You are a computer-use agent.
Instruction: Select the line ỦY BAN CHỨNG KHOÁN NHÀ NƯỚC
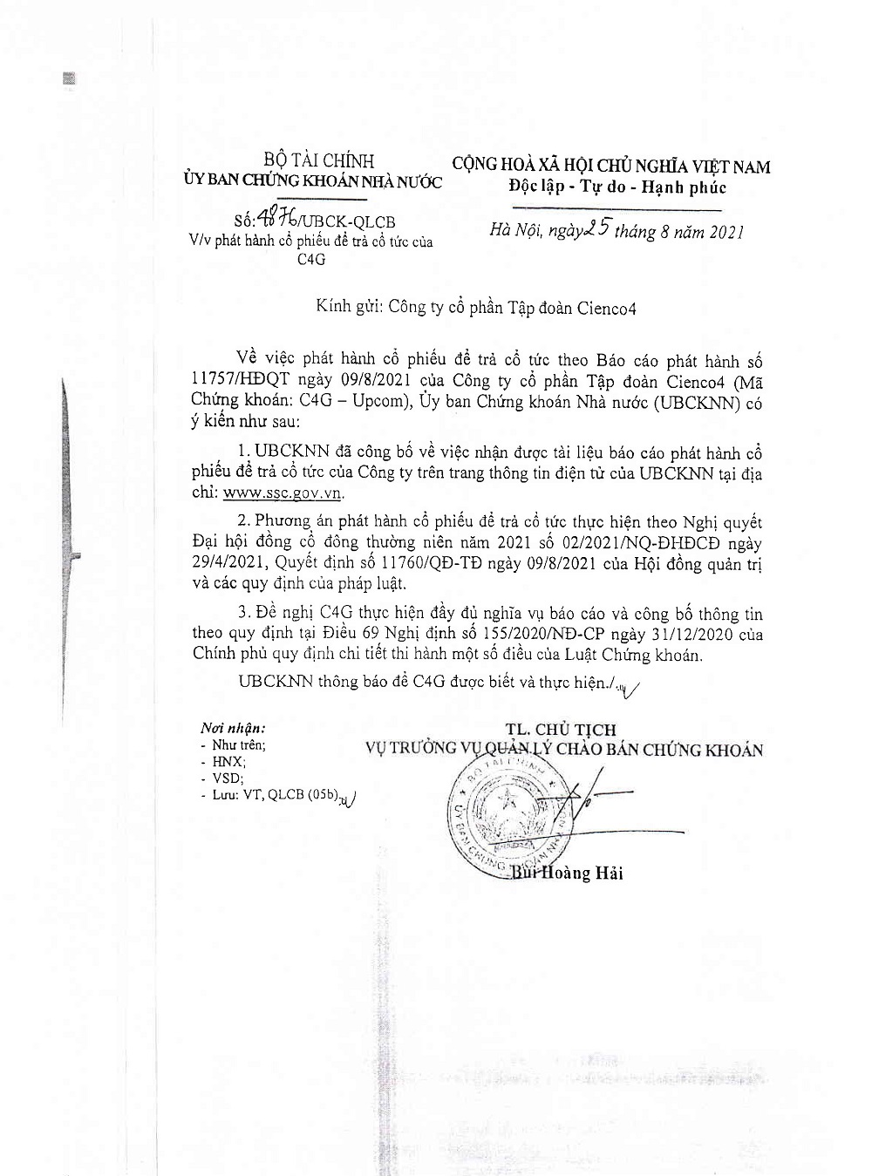313,181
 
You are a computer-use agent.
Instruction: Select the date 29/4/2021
229,564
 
